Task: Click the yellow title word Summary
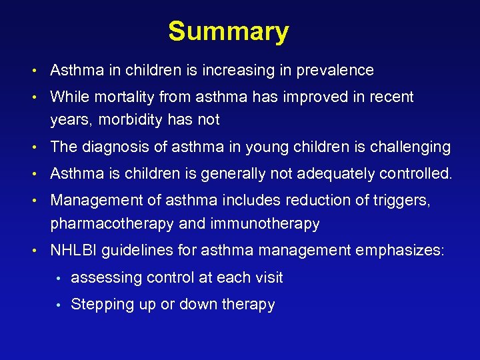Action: pyautogui.click(x=228, y=31)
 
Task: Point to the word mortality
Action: pyautogui.click(x=122, y=97)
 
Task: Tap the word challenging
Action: pyautogui.click(x=411, y=147)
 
